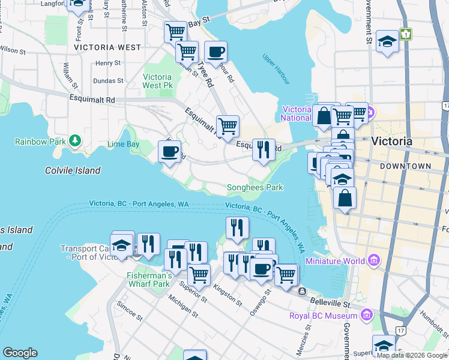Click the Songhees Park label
[255, 187]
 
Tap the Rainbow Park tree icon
[75, 141]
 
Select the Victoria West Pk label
[158, 82]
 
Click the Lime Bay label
[122, 145]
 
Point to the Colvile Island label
[73, 170]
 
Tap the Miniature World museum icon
[375, 260]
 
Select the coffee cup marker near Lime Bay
[169, 151]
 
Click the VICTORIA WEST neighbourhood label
[107, 47]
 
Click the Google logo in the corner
[19, 353]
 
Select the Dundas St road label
[109, 80]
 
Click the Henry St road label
[108, 63]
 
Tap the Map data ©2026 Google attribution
[412, 355]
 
